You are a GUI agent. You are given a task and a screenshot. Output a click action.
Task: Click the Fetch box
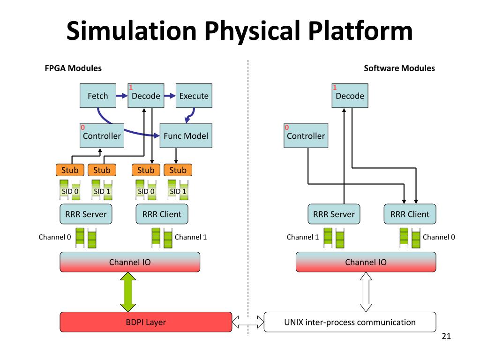point(98,96)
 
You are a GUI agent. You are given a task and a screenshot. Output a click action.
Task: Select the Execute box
point(194,96)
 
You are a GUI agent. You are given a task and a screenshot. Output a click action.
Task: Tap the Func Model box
point(186,136)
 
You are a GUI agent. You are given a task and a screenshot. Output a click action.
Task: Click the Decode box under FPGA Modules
point(146,96)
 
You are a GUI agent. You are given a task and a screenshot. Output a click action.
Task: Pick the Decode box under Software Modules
point(350,96)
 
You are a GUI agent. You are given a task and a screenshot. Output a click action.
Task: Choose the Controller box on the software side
point(306,136)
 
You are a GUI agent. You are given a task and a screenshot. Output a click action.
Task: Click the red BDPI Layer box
point(146,322)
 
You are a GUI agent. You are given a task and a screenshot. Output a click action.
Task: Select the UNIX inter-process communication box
point(350,322)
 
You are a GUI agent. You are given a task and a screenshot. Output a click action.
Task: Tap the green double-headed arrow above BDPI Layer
point(128,292)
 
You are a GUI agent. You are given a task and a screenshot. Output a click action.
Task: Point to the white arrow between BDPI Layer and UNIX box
point(248,322)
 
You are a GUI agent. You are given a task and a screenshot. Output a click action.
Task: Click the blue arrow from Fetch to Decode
point(122,96)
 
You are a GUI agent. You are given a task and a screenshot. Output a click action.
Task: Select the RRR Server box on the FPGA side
point(86,214)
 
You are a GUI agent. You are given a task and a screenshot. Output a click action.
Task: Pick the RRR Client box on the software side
point(410,214)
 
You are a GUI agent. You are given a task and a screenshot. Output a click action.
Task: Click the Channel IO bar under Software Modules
point(366,262)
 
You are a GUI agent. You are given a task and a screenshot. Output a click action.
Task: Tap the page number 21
point(446,336)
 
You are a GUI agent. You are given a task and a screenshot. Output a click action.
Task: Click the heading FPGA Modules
point(73,68)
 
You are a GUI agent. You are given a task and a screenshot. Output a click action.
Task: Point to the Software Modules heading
point(399,68)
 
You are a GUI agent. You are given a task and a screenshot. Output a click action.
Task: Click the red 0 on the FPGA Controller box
point(82,127)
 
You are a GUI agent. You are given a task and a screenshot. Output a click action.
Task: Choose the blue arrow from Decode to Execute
point(170,96)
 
